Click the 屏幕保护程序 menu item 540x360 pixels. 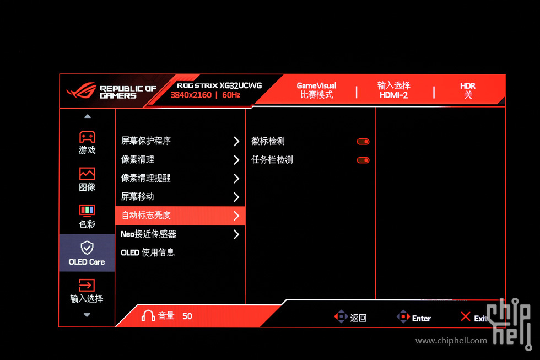point(146,141)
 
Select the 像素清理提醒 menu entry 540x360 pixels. point(146,178)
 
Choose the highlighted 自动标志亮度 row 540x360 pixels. point(180,216)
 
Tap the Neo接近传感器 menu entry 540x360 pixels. point(148,234)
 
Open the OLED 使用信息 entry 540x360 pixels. point(148,252)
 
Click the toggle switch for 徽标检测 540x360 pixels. point(363,142)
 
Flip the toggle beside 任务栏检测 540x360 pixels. point(363,160)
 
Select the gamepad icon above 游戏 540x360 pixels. point(87,137)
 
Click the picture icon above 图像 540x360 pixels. point(87,174)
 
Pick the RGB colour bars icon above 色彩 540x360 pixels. point(87,210)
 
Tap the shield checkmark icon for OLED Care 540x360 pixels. point(87,248)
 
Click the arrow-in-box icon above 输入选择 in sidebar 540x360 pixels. point(87,285)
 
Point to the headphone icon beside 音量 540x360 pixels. point(148,315)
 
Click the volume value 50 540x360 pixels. point(187,316)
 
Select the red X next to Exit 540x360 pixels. point(466,316)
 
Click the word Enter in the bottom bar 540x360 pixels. point(421,319)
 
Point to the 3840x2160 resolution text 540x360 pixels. point(191,95)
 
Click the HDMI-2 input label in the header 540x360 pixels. point(393,95)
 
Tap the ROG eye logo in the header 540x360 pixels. point(82,90)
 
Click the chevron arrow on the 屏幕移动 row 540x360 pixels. point(236,197)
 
